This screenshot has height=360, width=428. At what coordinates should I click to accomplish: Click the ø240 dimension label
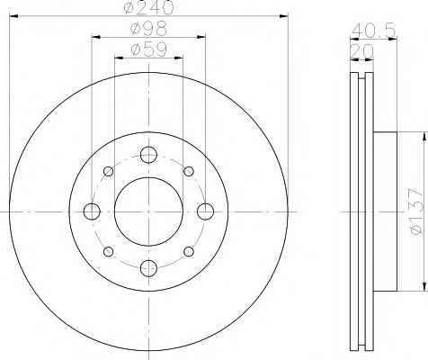click(147, 8)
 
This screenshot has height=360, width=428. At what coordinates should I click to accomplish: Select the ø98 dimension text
click(147, 29)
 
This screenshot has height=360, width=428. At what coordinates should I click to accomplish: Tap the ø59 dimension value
click(147, 49)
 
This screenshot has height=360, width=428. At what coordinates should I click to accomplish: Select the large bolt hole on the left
click(92, 211)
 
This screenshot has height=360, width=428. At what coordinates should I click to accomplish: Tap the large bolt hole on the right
click(205, 211)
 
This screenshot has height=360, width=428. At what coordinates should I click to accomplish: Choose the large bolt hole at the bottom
click(148, 268)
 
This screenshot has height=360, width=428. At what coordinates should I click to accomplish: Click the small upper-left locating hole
click(108, 171)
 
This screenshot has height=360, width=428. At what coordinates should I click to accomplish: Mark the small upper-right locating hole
click(189, 171)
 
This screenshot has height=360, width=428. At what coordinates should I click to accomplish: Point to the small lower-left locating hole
click(108, 252)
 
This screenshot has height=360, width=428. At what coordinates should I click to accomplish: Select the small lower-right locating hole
click(189, 252)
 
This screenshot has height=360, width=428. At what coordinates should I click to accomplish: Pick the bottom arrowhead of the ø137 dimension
click(420, 289)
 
